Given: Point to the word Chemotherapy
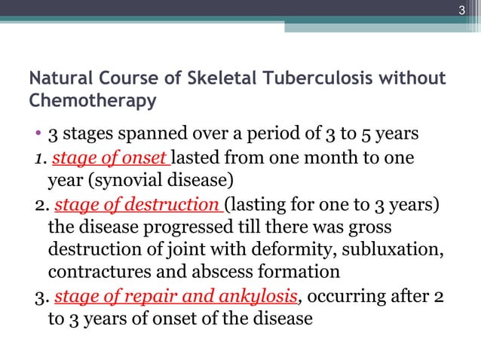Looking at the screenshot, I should click(91, 100).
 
